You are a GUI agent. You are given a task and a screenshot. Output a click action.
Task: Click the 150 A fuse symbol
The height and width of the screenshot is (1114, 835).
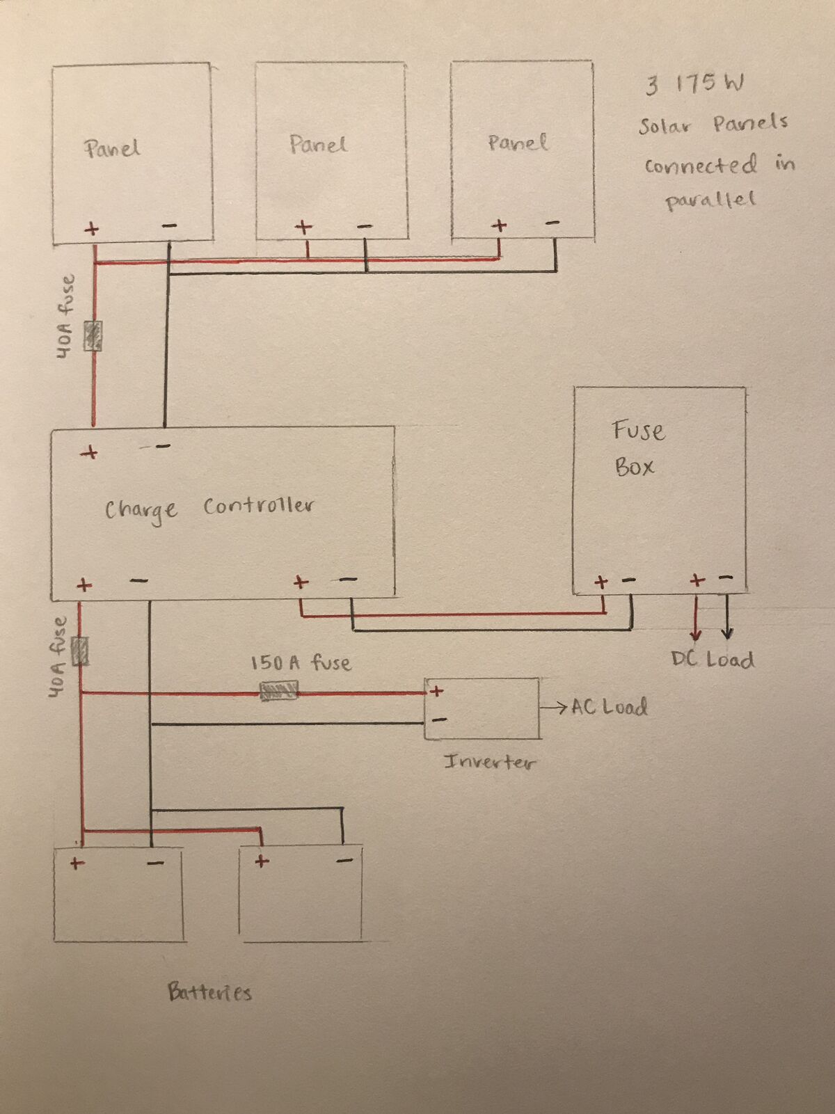[278, 691]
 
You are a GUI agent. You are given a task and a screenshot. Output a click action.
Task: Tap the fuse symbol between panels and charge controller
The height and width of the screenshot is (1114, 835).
[93, 335]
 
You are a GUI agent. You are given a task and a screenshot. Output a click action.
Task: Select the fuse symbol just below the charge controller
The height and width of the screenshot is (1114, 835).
[80, 651]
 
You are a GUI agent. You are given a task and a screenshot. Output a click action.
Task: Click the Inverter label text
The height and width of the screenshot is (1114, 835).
[490, 762]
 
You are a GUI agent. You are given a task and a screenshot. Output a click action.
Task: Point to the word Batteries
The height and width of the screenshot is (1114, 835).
[209, 992]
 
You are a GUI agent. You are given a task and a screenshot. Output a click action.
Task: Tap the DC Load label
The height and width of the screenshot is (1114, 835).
[713, 660]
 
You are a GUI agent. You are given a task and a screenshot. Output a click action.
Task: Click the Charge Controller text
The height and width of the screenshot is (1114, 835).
[209, 509]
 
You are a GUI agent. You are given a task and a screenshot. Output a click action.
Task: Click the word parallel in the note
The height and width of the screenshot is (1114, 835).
[710, 200]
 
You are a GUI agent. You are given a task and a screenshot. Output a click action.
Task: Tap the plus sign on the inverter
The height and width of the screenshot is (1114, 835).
[436, 691]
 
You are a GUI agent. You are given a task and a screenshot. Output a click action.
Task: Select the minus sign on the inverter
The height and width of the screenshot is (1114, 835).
[440, 719]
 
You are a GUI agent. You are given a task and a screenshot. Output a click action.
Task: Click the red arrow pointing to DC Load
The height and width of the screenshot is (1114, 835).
[696, 618]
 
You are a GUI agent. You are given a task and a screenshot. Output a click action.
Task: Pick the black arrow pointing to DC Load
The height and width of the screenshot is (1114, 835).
[727, 616]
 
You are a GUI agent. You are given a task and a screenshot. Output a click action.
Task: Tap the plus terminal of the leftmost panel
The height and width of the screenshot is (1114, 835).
[92, 229]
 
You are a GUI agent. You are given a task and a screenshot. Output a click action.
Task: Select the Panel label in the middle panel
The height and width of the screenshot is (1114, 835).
[318, 144]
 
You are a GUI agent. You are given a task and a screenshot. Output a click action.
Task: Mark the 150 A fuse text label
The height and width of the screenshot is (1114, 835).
[301, 663]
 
